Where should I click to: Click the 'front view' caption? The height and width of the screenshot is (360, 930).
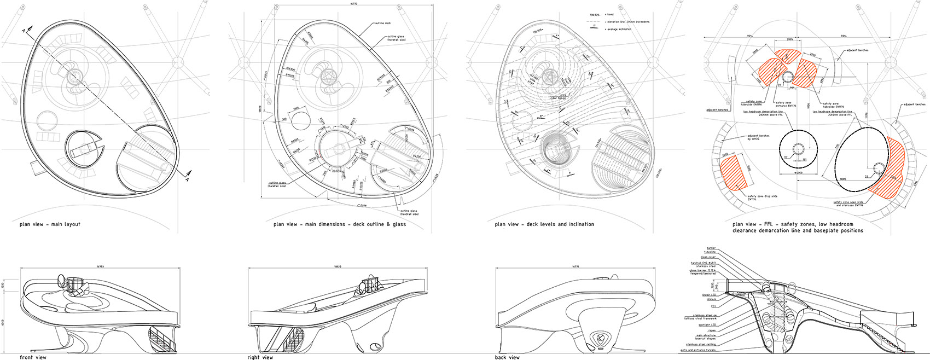point(32,357)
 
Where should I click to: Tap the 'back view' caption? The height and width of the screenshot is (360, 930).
point(507,357)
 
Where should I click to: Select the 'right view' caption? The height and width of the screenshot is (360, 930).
point(260,357)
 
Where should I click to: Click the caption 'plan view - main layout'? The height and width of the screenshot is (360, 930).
point(50,224)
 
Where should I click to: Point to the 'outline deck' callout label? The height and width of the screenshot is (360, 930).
point(383,24)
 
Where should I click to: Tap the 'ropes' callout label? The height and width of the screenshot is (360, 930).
point(712,330)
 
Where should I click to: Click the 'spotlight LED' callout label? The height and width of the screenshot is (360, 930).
point(707,324)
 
